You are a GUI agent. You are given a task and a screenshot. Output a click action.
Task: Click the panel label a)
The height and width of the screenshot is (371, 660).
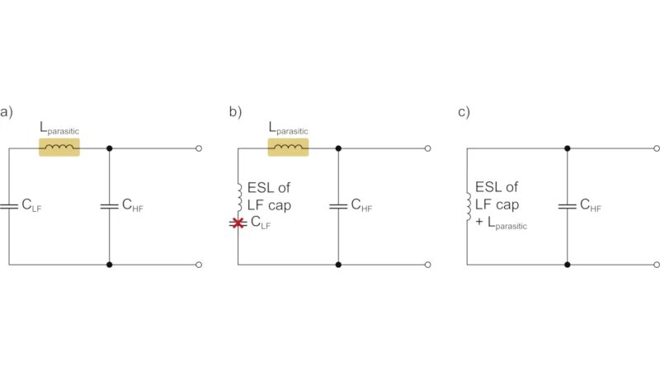pyautogui.click(x=7, y=112)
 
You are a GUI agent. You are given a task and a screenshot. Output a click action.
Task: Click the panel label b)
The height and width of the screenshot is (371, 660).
pyautogui.click(x=236, y=112)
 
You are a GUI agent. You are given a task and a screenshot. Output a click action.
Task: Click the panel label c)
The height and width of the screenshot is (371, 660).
pyautogui.click(x=464, y=112)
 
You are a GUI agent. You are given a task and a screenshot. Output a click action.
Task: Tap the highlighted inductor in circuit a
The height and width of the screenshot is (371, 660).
pyautogui.click(x=59, y=148)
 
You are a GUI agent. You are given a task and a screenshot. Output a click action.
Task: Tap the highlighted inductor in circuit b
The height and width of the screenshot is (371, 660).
pyautogui.click(x=288, y=148)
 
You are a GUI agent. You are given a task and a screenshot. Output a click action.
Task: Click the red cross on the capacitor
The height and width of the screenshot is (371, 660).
pyautogui.click(x=238, y=223)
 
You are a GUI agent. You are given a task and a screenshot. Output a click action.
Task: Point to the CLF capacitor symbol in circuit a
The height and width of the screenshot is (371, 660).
pyautogui.click(x=9, y=206)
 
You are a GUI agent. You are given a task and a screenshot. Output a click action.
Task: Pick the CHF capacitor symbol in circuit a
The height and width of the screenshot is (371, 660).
pyautogui.click(x=110, y=206)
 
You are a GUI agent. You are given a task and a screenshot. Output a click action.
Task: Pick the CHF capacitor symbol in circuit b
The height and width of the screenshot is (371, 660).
pyautogui.click(x=338, y=206)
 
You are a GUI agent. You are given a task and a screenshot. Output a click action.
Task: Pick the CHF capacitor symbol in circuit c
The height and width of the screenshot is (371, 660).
pyautogui.click(x=567, y=206)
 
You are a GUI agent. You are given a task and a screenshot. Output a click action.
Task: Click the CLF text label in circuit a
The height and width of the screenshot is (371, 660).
pyautogui.click(x=31, y=206)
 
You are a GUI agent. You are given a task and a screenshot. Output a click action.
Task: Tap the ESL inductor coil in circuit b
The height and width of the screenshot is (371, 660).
pyautogui.click(x=238, y=195)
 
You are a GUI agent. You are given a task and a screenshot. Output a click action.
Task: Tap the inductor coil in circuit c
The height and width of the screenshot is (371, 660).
pyautogui.click(x=467, y=206)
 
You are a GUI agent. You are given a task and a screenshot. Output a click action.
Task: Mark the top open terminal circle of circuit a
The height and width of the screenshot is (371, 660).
pyautogui.click(x=199, y=148)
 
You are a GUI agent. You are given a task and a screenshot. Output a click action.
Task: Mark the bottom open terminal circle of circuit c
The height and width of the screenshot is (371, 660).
pyautogui.click(x=656, y=265)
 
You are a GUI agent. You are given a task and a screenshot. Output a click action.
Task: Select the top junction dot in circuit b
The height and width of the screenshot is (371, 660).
pyautogui.click(x=338, y=148)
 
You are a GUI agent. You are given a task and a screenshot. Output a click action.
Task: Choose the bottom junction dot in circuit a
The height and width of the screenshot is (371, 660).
pyautogui.click(x=110, y=265)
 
